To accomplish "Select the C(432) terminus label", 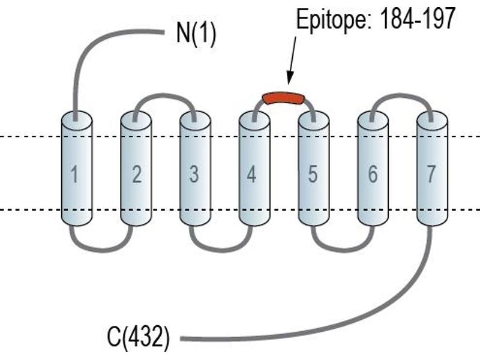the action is click(x=138, y=338).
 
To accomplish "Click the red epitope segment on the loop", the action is click(x=283, y=99).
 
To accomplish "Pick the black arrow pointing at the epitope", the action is click(x=292, y=60).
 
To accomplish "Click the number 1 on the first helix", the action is click(x=74, y=174).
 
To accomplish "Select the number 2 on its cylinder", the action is click(x=137, y=174).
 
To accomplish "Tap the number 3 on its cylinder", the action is click(x=194, y=174).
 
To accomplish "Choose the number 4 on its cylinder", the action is click(x=251, y=174).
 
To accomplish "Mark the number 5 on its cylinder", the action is click(x=312, y=174).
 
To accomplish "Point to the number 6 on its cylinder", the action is click(x=373, y=174).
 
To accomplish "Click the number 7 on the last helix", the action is click(x=431, y=174).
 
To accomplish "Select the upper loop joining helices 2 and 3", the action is click(x=164, y=95).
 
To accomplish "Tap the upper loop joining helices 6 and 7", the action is click(x=401, y=95).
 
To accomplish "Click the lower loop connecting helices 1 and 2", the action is click(x=101, y=250).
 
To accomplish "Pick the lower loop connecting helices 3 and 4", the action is click(x=221, y=250).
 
